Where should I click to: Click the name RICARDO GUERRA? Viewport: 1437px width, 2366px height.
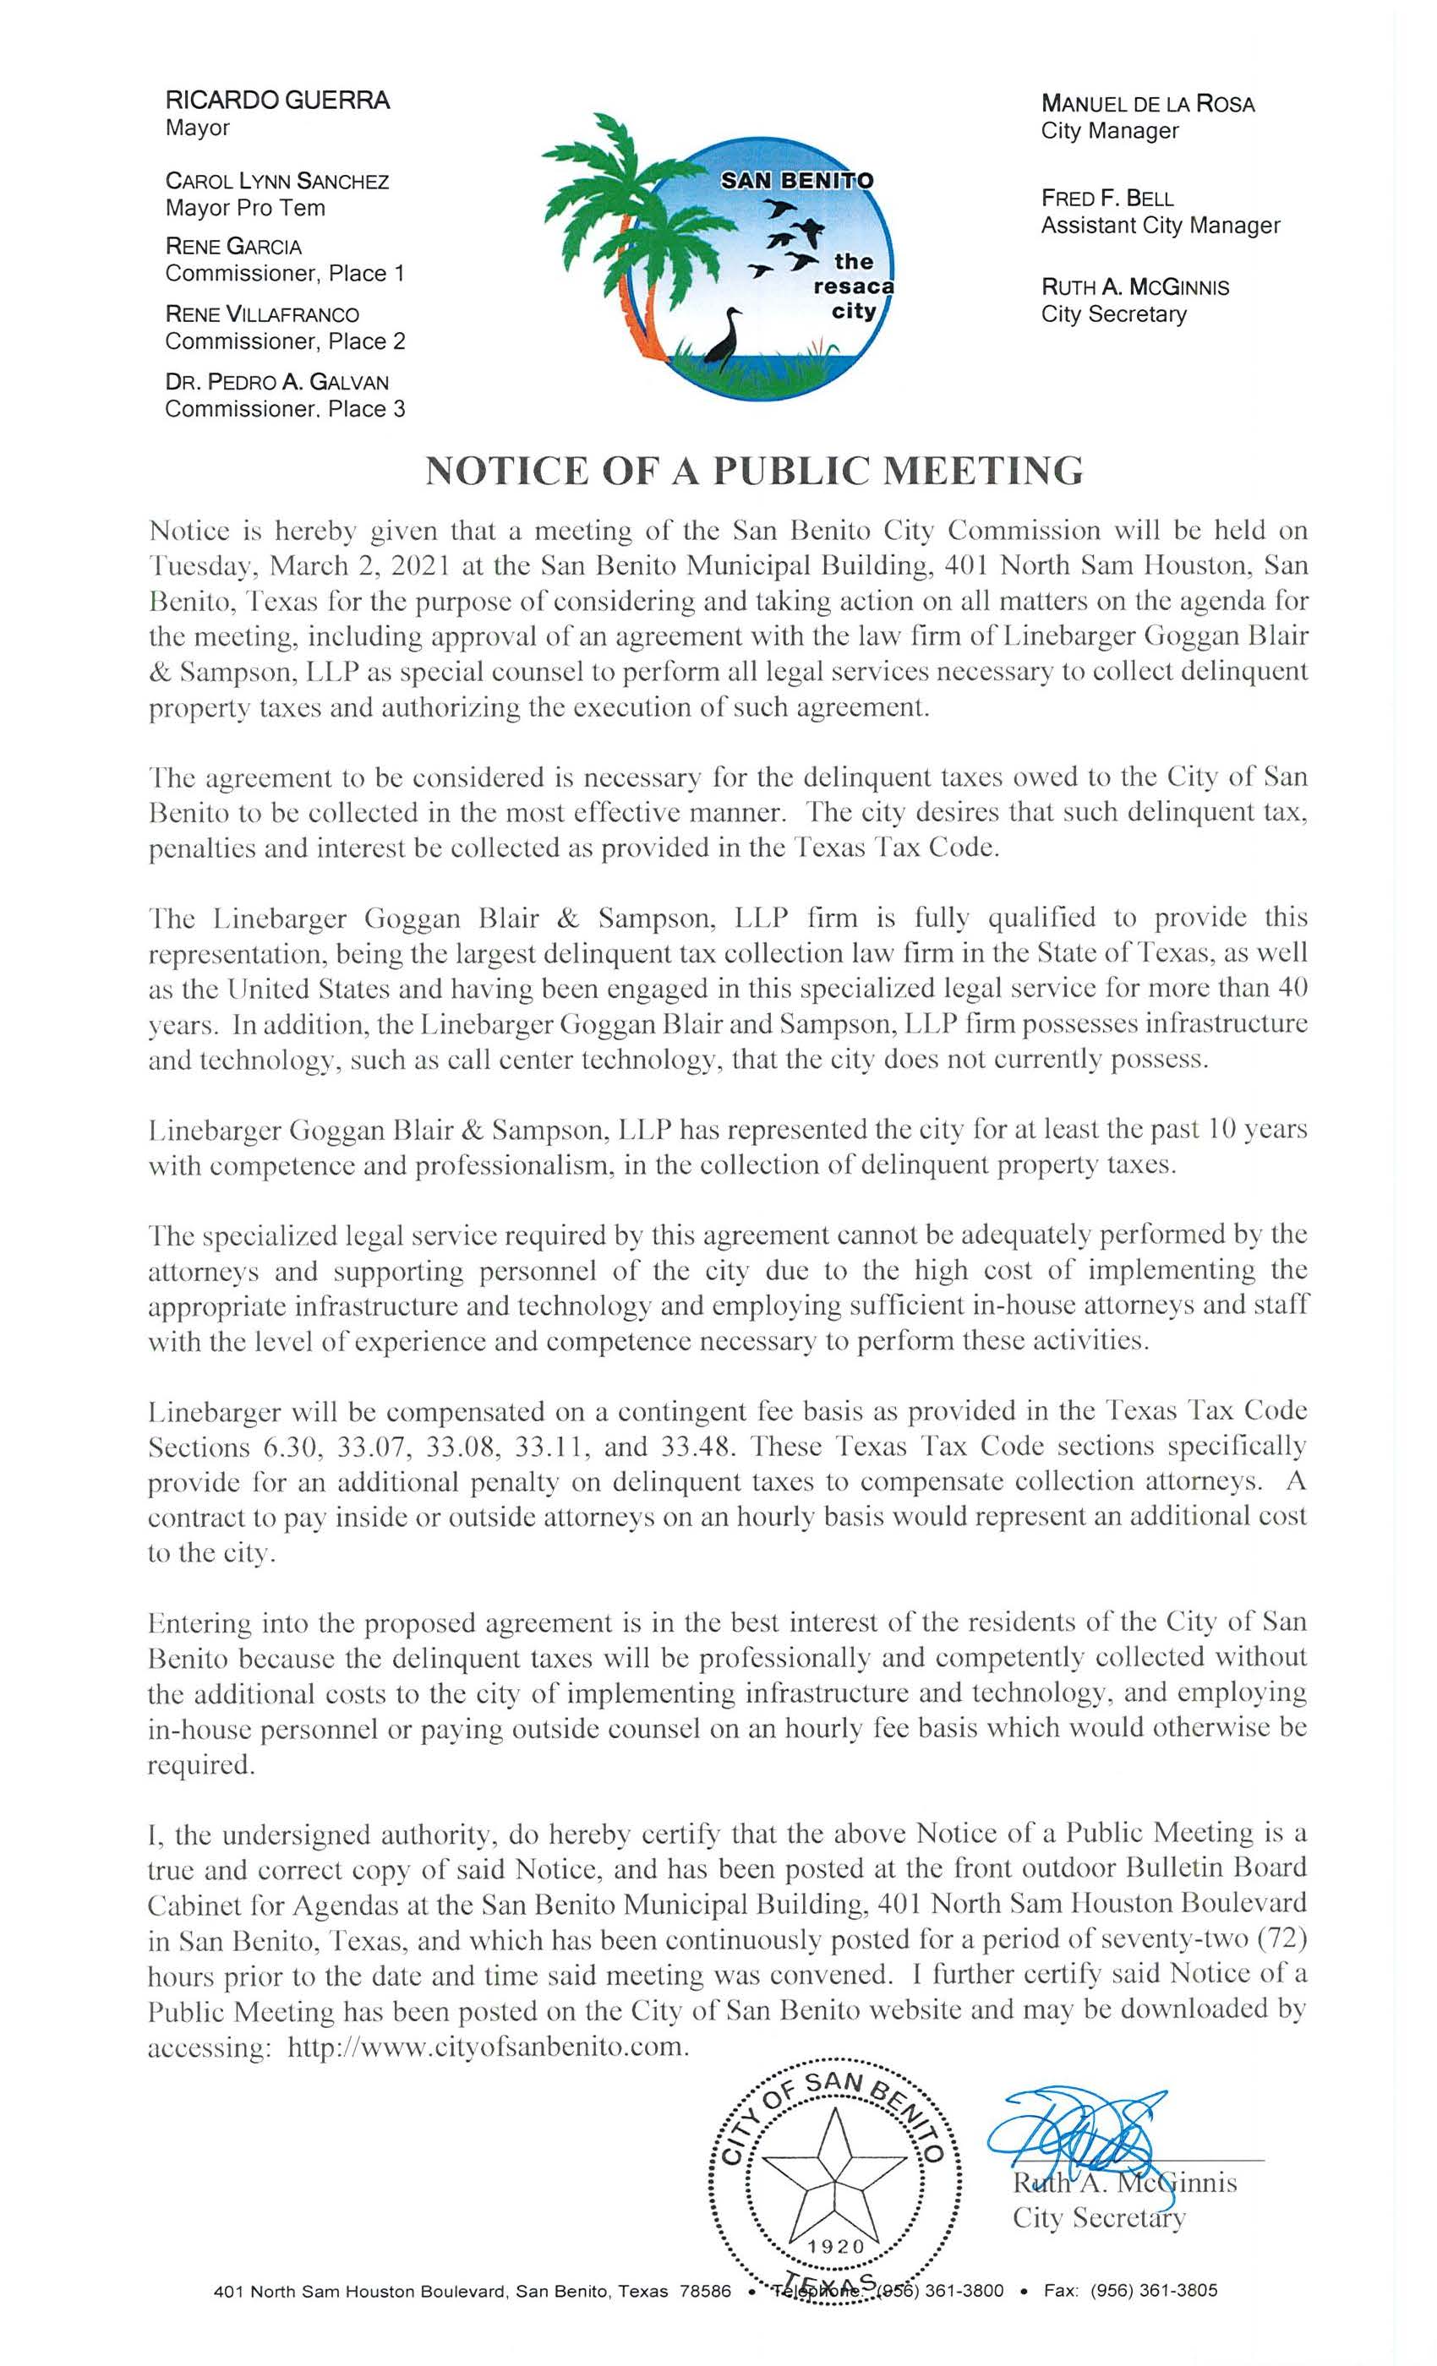(276, 100)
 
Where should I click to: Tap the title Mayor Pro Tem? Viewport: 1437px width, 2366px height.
(245, 209)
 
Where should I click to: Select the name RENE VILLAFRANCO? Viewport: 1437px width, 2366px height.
(262, 314)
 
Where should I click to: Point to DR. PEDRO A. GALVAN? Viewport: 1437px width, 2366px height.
(276, 381)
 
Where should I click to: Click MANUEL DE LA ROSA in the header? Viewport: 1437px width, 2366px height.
(1148, 104)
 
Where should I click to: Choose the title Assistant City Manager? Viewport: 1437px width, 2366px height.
(1161, 226)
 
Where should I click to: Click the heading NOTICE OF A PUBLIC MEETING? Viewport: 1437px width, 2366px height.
(754, 472)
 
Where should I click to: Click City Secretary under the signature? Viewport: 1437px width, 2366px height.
(1098, 2238)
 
